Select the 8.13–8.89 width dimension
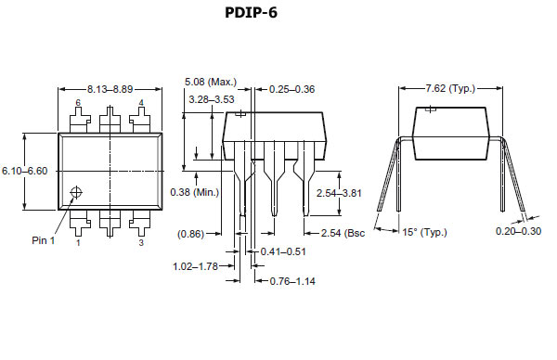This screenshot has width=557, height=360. [x=110, y=88]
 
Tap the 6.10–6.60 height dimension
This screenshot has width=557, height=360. [x=24, y=171]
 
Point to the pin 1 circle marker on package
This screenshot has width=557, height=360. [x=77, y=192]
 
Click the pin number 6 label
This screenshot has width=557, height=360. [x=79, y=102]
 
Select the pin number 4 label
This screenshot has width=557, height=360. [x=141, y=102]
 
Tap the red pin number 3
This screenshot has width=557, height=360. [x=141, y=243]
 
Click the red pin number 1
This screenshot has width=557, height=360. [x=78, y=243]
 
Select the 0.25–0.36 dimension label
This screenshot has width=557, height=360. [x=292, y=89]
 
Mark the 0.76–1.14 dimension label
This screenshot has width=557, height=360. [x=293, y=280]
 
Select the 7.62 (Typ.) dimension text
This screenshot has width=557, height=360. [x=449, y=88]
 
